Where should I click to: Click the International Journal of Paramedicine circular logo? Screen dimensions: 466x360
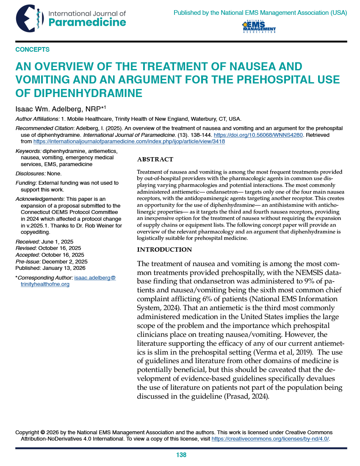pyautogui.click(x=29, y=19)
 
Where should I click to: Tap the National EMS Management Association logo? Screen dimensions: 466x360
pyautogui.click(x=258, y=27)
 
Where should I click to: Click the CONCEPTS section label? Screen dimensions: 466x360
pyautogui.click(x=32, y=50)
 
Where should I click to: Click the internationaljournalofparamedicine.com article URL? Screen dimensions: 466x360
pyautogui.click(x=129, y=141)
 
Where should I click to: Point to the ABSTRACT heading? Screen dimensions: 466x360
pyautogui.click(x=155, y=160)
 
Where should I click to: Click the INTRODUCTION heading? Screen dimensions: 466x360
pyautogui.click(x=164, y=250)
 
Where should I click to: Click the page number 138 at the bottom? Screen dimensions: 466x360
pyautogui.click(x=181, y=455)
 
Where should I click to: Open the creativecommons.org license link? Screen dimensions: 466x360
pyautogui.click(x=270, y=438)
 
